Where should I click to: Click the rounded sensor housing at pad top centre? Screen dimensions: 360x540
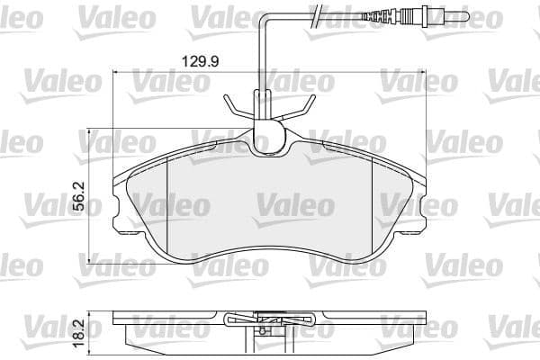click(x=266, y=139)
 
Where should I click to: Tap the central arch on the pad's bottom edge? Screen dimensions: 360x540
click(x=270, y=253)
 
